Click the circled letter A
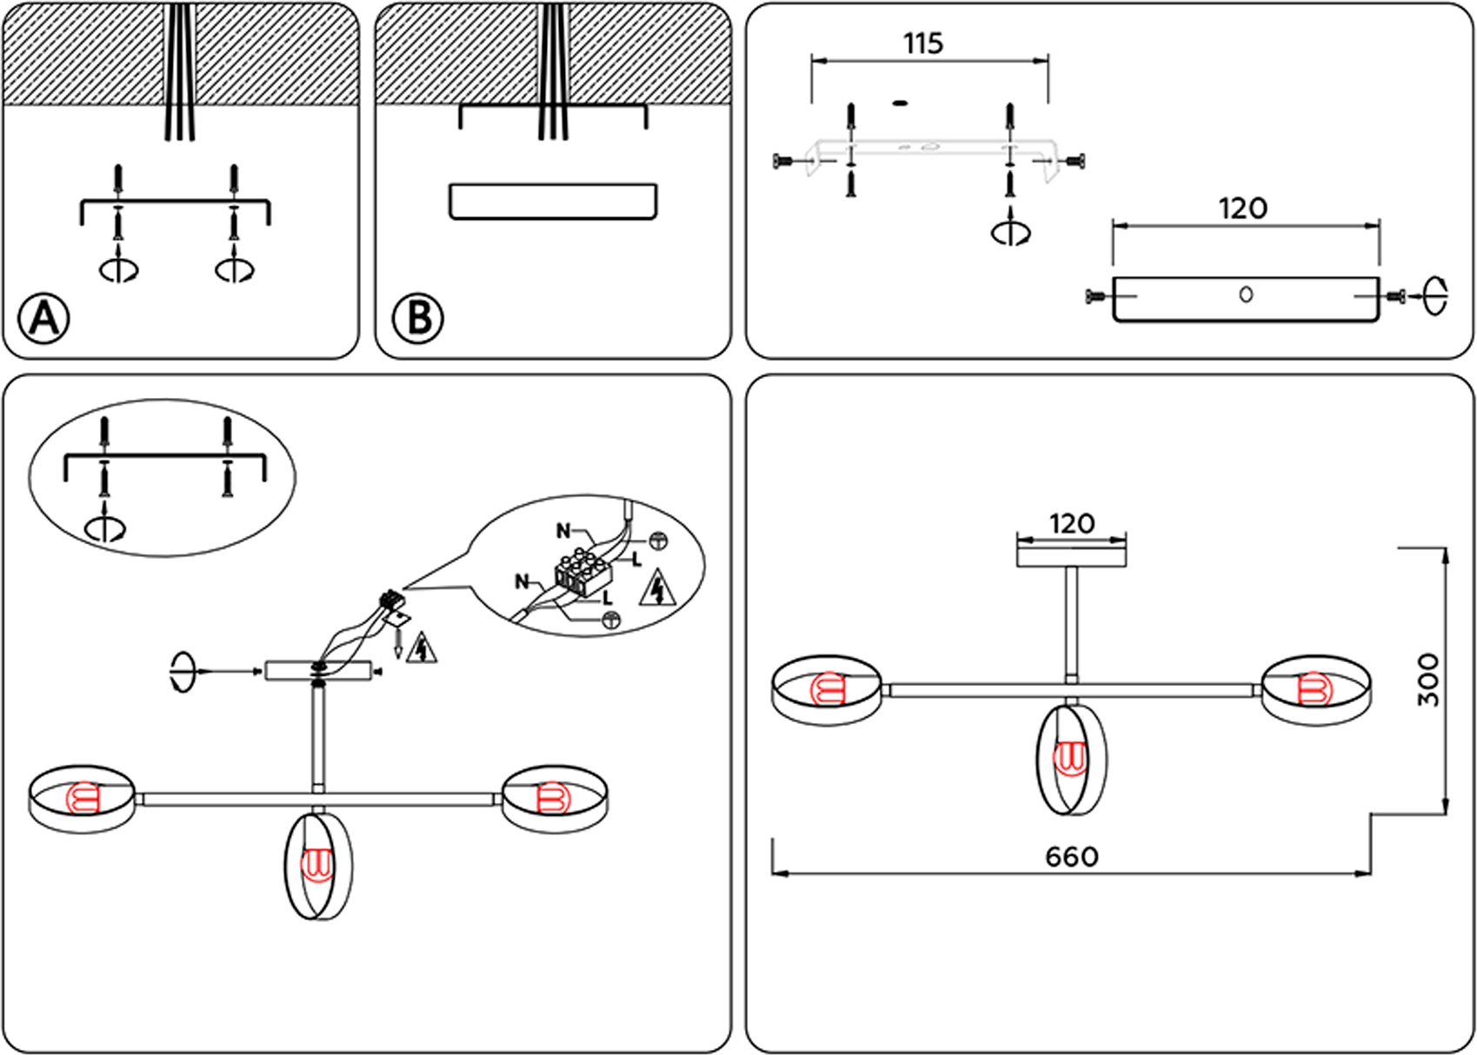coord(44,318)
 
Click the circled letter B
coord(418,318)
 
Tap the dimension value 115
coord(923,43)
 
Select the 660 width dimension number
coord(1072,857)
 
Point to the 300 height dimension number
coord(1427,680)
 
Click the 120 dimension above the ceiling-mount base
coord(1071,524)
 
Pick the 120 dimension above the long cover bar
coord(1243,209)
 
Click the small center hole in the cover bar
coord(1246,295)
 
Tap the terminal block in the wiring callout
coord(582,574)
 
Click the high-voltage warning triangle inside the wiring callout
coord(658,588)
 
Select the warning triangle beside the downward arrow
coord(422,648)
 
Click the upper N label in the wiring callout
coord(563,530)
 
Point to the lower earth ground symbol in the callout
coord(611,619)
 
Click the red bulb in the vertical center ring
coord(1069,758)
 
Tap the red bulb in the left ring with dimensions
coord(825,690)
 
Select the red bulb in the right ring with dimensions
coord(1311,690)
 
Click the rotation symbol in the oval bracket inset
coord(105,527)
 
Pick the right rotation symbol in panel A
coord(236,269)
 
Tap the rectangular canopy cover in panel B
coord(553,201)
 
